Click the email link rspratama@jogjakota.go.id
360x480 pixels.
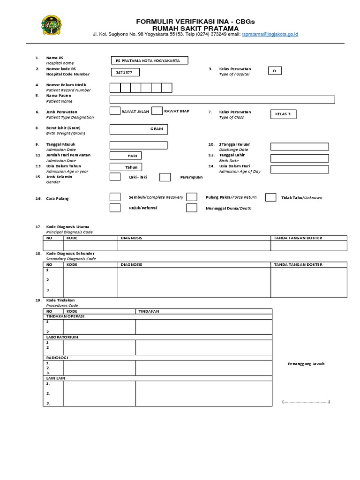click(270, 34)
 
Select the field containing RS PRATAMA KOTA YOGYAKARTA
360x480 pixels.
click(149, 60)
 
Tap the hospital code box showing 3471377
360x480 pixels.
click(125, 73)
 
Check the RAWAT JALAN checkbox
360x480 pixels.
click(115, 111)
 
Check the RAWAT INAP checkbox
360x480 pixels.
click(157, 111)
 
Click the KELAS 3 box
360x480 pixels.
click(284, 114)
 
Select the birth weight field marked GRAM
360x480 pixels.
click(138, 129)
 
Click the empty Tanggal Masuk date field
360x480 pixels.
click(138, 145)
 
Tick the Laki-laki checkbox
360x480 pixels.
click(115, 177)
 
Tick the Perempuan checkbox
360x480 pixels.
click(165, 177)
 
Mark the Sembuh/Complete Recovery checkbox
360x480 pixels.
click(115, 197)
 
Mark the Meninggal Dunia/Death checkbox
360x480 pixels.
click(191, 208)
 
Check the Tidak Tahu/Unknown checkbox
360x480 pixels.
click(270, 197)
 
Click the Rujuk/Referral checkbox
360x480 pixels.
click(115, 208)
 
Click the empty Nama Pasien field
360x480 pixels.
click(222, 99)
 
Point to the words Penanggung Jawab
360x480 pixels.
click(306, 364)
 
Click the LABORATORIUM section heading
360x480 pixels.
click(61, 337)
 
